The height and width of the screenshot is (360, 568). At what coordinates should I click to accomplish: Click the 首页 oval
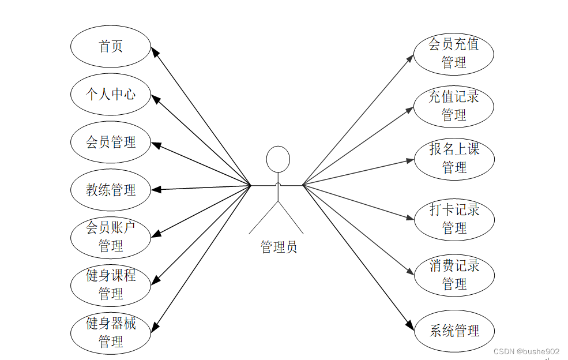(111, 47)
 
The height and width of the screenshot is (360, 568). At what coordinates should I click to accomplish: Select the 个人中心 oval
(111, 94)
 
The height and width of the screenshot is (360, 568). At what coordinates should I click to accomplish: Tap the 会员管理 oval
(111, 142)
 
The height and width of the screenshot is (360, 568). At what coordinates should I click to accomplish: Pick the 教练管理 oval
(111, 190)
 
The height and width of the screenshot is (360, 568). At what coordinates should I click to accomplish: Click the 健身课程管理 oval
(111, 284)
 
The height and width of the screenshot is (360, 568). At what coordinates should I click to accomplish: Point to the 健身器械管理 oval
(111, 332)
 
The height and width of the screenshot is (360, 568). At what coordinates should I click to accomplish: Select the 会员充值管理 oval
(454, 53)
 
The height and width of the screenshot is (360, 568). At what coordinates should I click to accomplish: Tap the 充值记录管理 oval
(454, 106)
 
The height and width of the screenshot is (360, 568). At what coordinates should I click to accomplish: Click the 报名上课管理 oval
(454, 159)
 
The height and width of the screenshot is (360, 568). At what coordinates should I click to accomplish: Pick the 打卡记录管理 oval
(454, 219)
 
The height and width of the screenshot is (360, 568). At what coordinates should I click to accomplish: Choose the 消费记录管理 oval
(454, 275)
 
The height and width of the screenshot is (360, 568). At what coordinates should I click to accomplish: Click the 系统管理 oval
(454, 331)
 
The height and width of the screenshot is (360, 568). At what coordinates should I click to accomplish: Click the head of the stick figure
(278, 159)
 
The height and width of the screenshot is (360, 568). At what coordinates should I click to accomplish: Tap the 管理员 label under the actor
(279, 247)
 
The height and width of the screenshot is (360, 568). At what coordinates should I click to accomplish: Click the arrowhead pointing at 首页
(155, 52)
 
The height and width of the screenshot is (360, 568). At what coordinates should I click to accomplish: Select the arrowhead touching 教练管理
(155, 189)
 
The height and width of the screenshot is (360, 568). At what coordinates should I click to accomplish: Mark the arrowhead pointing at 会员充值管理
(411, 57)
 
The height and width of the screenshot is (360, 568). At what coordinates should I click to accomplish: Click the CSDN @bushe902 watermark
(526, 351)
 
